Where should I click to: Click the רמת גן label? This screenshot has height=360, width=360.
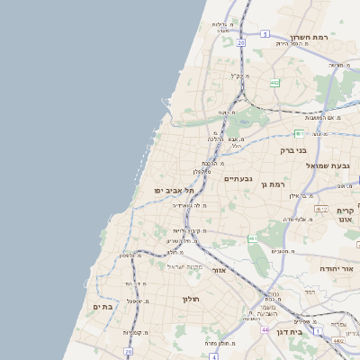click(x=272, y=184)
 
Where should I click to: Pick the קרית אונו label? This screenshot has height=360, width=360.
click(x=346, y=215)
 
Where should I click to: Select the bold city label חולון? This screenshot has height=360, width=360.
click(x=190, y=298)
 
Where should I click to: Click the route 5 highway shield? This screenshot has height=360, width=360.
click(x=265, y=34)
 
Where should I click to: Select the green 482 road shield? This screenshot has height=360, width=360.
click(x=274, y=83)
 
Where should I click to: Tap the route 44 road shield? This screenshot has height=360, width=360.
click(x=265, y=330)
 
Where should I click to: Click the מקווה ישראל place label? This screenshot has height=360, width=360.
click(x=187, y=266)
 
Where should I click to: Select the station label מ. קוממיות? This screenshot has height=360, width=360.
click(x=137, y=333)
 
